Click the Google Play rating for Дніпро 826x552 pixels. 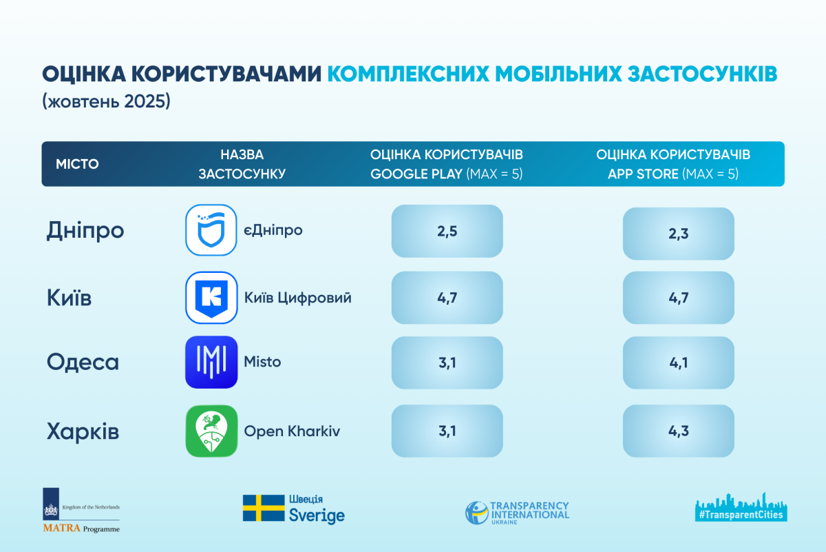click(447, 231)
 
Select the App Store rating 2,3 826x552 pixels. click(678, 234)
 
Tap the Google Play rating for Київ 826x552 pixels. click(447, 297)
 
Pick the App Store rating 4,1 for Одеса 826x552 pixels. click(678, 363)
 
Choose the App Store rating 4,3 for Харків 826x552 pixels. click(678, 431)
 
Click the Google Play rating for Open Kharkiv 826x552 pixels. click(447, 431)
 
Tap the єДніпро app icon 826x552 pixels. click(211, 230)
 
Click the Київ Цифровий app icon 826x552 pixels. click(211, 297)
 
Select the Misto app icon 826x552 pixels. click(211, 362)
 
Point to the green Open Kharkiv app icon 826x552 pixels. click(211, 431)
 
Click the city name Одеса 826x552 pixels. click(83, 362)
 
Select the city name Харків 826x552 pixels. click(83, 432)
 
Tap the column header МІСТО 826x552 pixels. click(77, 164)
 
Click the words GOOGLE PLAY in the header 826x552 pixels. click(416, 174)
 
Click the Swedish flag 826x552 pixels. click(263, 508)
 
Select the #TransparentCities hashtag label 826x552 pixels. click(740, 514)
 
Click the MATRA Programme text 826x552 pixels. click(81, 529)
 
